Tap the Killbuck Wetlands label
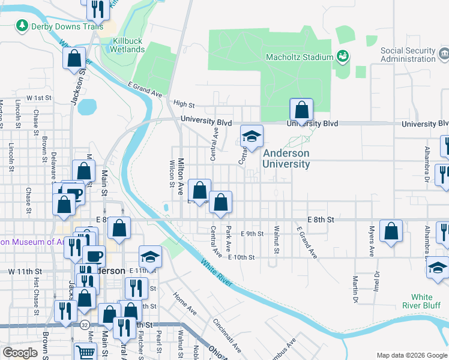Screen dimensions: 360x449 click(128, 45)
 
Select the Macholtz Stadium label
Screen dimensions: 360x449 click(300, 57)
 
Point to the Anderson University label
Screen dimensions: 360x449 click(286, 158)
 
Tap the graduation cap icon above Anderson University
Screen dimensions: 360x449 click(252, 136)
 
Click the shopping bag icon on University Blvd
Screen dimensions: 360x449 click(301, 110)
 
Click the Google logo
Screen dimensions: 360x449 click(20, 353)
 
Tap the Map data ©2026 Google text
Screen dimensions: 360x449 click(411, 355)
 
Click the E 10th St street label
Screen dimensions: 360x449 click(241, 257)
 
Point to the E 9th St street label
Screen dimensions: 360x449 click(252, 233)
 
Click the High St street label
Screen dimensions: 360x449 click(184, 104)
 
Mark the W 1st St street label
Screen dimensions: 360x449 click(38, 98)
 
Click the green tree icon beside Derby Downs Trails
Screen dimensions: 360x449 click(22, 25)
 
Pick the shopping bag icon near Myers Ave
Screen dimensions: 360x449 click(391, 231)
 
